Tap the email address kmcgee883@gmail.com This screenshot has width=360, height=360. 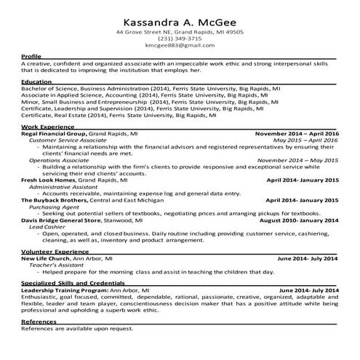(x=180, y=45)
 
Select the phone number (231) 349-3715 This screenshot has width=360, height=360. (x=180, y=39)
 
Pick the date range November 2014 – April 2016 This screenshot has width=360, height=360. (x=297, y=135)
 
